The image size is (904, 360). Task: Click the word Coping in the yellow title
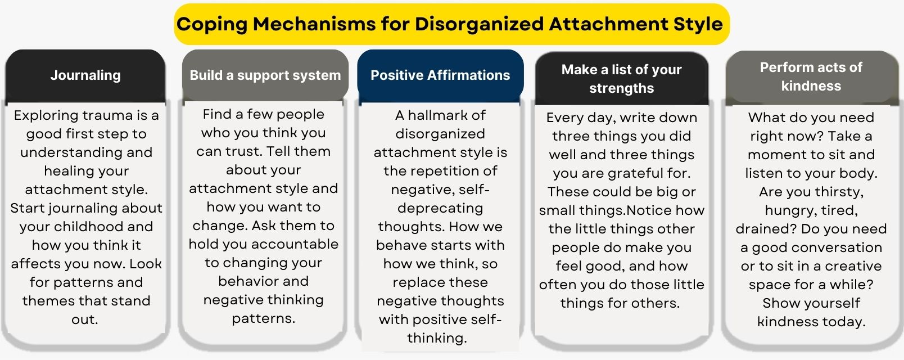pyautogui.click(x=212, y=24)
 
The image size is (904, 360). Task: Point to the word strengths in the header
pyautogui.click(x=622, y=88)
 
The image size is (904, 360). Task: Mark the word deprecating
pyautogui.click(x=440, y=209)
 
